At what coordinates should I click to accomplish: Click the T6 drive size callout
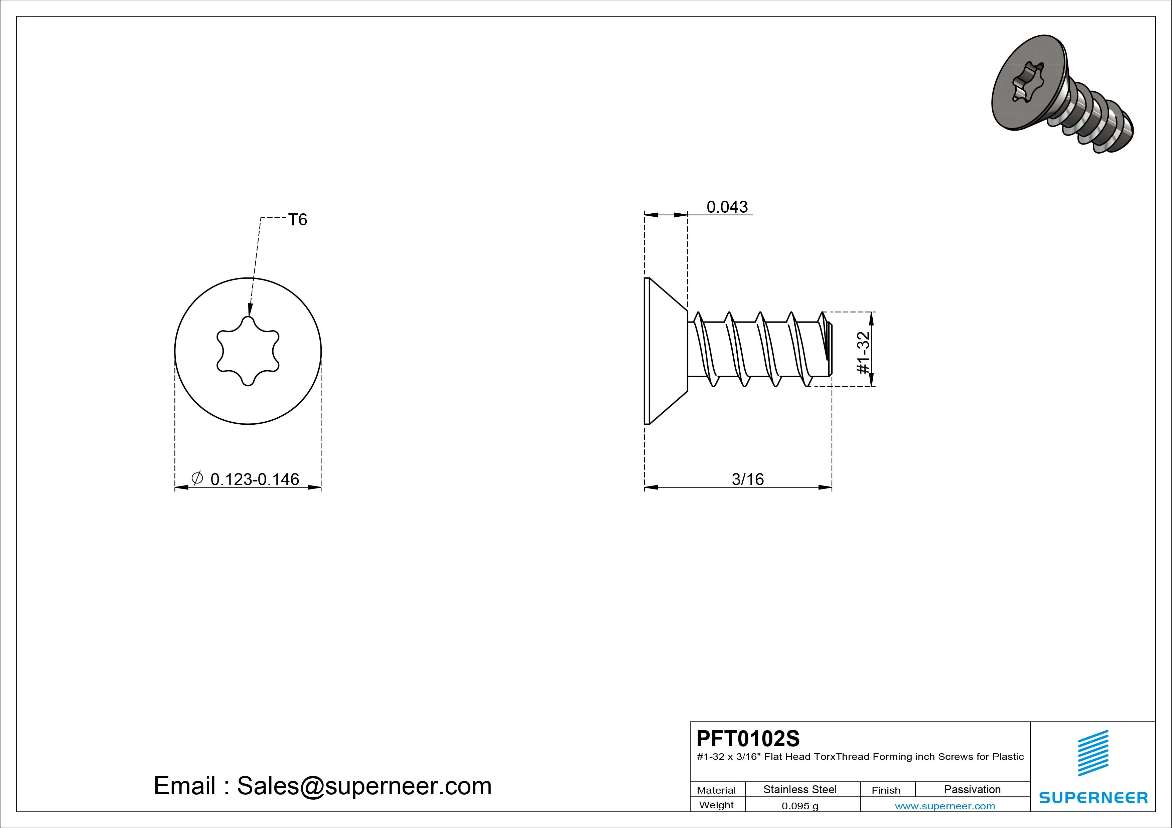(x=298, y=220)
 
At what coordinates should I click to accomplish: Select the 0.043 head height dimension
(x=727, y=207)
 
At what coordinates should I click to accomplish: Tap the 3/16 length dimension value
(x=747, y=479)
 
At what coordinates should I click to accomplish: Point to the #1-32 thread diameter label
(x=863, y=352)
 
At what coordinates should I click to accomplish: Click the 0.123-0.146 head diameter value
(x=255, y=479)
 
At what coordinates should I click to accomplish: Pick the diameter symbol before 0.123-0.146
(x=197, y=478)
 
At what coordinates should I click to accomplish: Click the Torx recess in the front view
(x=248, y=351)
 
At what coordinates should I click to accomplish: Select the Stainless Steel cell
(x=800, y=789)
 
